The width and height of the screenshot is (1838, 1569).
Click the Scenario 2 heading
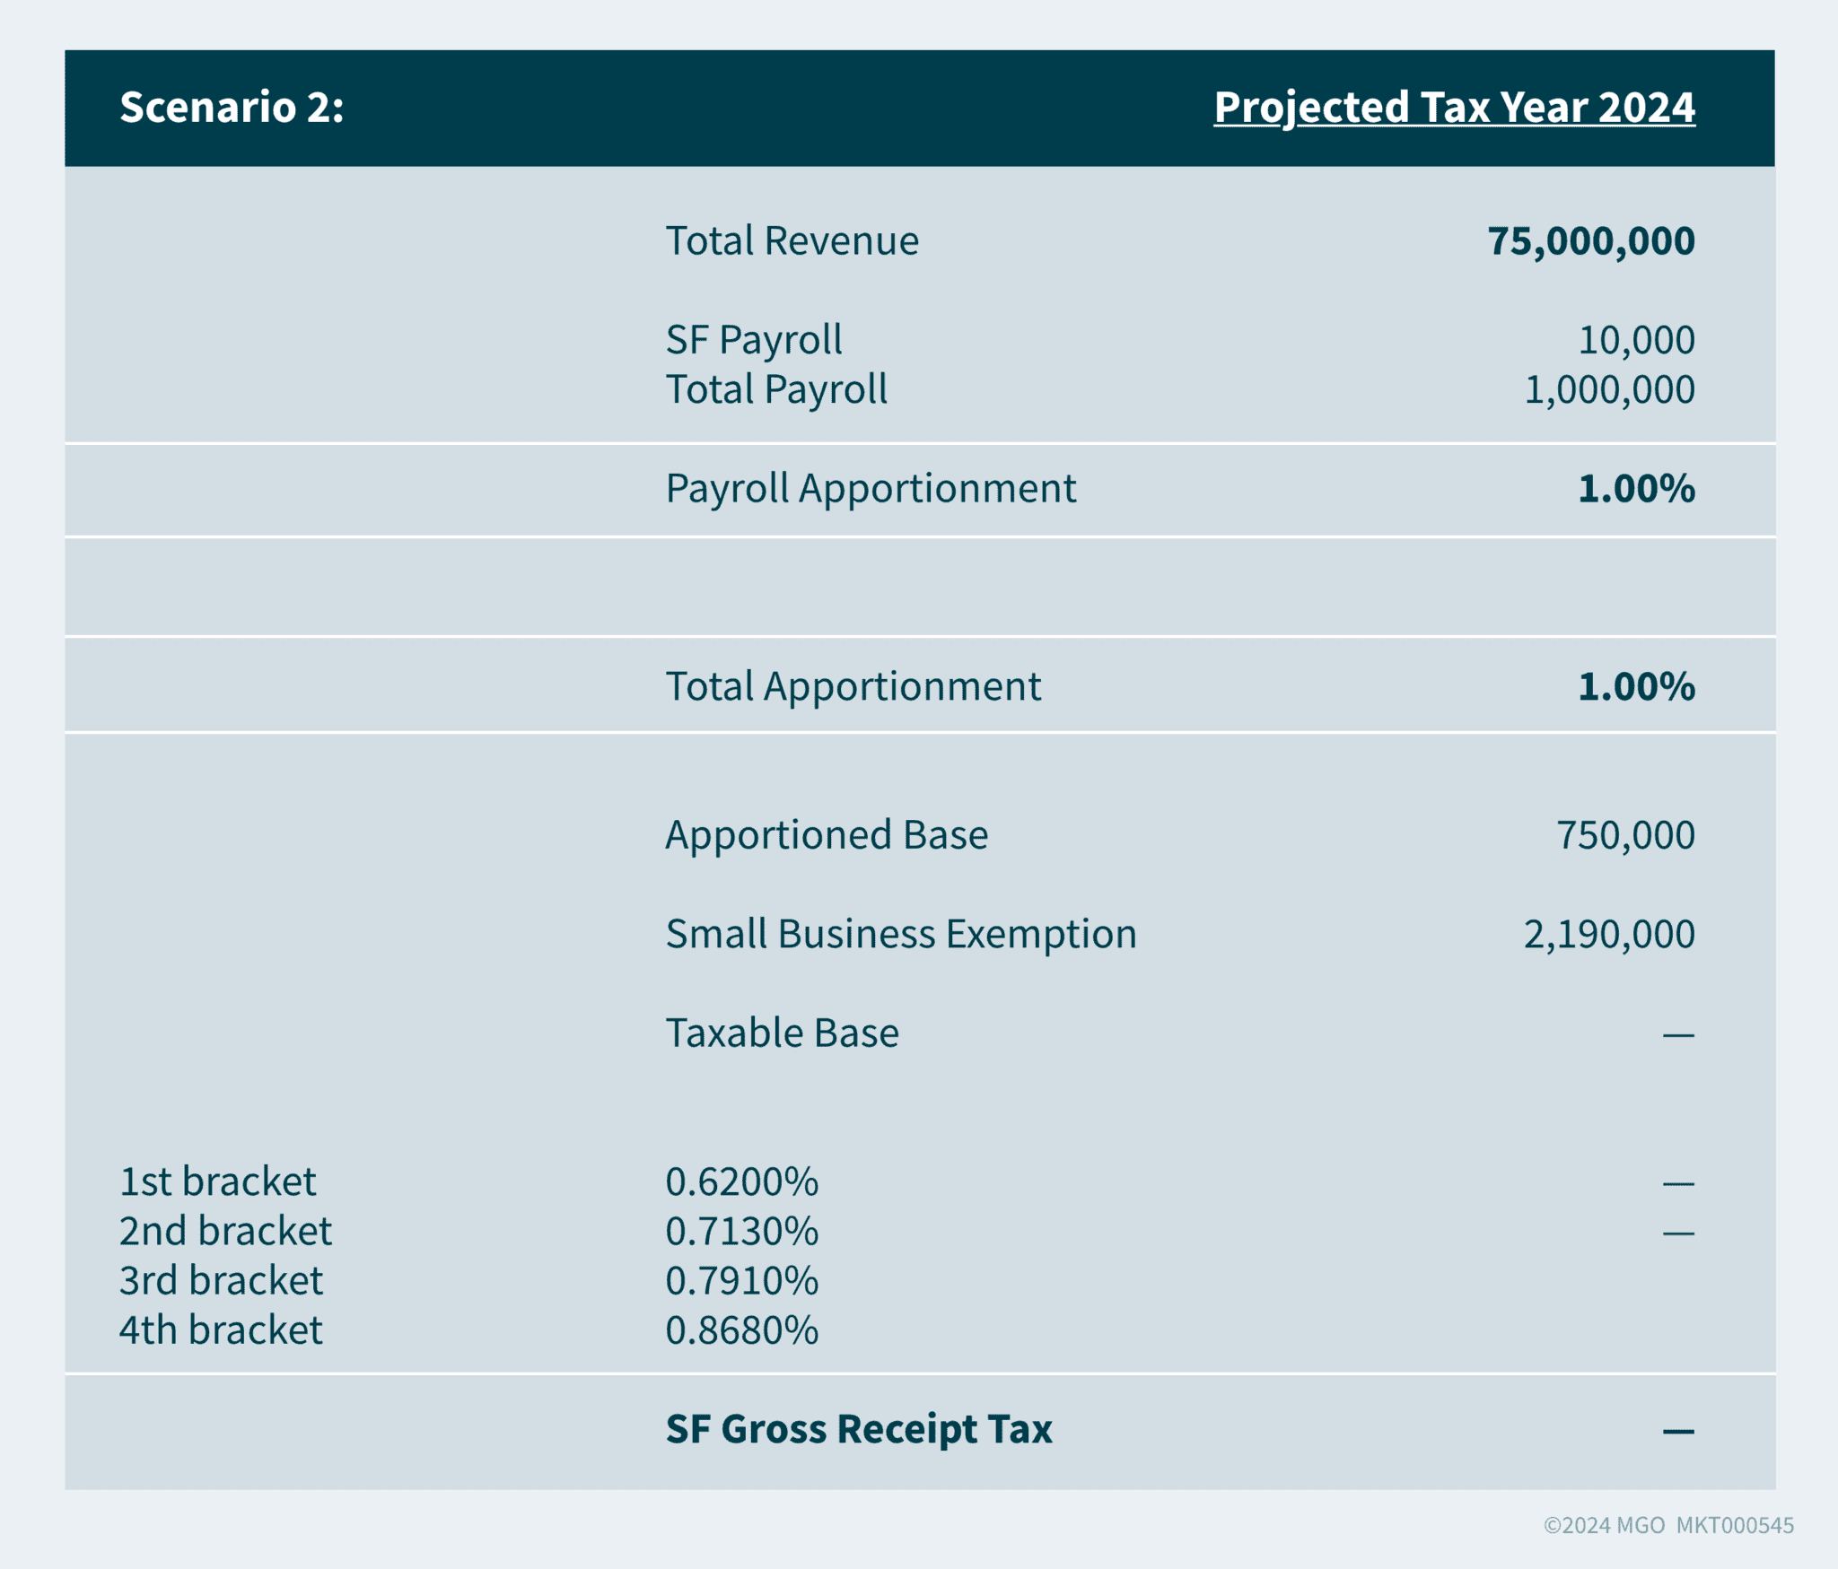click(x=232, y=108)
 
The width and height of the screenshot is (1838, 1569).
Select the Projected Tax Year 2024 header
click(x=1453, y=108)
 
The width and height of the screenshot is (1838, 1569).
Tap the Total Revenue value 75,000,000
click(x=1590, y=241)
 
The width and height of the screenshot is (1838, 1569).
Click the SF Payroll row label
click(x=753, y=340)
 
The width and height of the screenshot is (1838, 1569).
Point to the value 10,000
click(x=1635, y=340)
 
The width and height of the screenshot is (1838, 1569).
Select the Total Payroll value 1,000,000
click(x=1608, y=389)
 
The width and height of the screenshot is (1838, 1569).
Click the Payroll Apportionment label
click(x=870, y=489)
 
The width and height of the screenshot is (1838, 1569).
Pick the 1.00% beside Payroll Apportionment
click(x=1635, y=489)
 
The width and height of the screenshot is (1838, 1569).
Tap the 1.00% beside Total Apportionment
click(x=1635, y=687)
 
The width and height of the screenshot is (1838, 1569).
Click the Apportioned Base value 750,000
click(x=1624, y=835)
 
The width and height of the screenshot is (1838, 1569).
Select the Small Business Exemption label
click(x=900, y=934)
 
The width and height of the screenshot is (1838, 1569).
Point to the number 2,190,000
click(x=1608, y=935)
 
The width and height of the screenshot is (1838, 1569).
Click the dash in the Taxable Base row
click(x=1677, y=1035)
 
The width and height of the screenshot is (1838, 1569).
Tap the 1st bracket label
click(x=217, y=1181)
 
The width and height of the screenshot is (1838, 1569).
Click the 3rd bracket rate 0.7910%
click(x=741, y=1281)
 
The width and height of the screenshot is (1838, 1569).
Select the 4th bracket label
click(x=221, y=1330)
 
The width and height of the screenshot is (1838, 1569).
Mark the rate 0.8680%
click(x=741, y=1330)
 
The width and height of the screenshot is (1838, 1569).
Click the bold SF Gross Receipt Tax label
click(x=858, y=1429)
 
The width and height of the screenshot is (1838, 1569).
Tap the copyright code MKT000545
click(x=1734, y=1525)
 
